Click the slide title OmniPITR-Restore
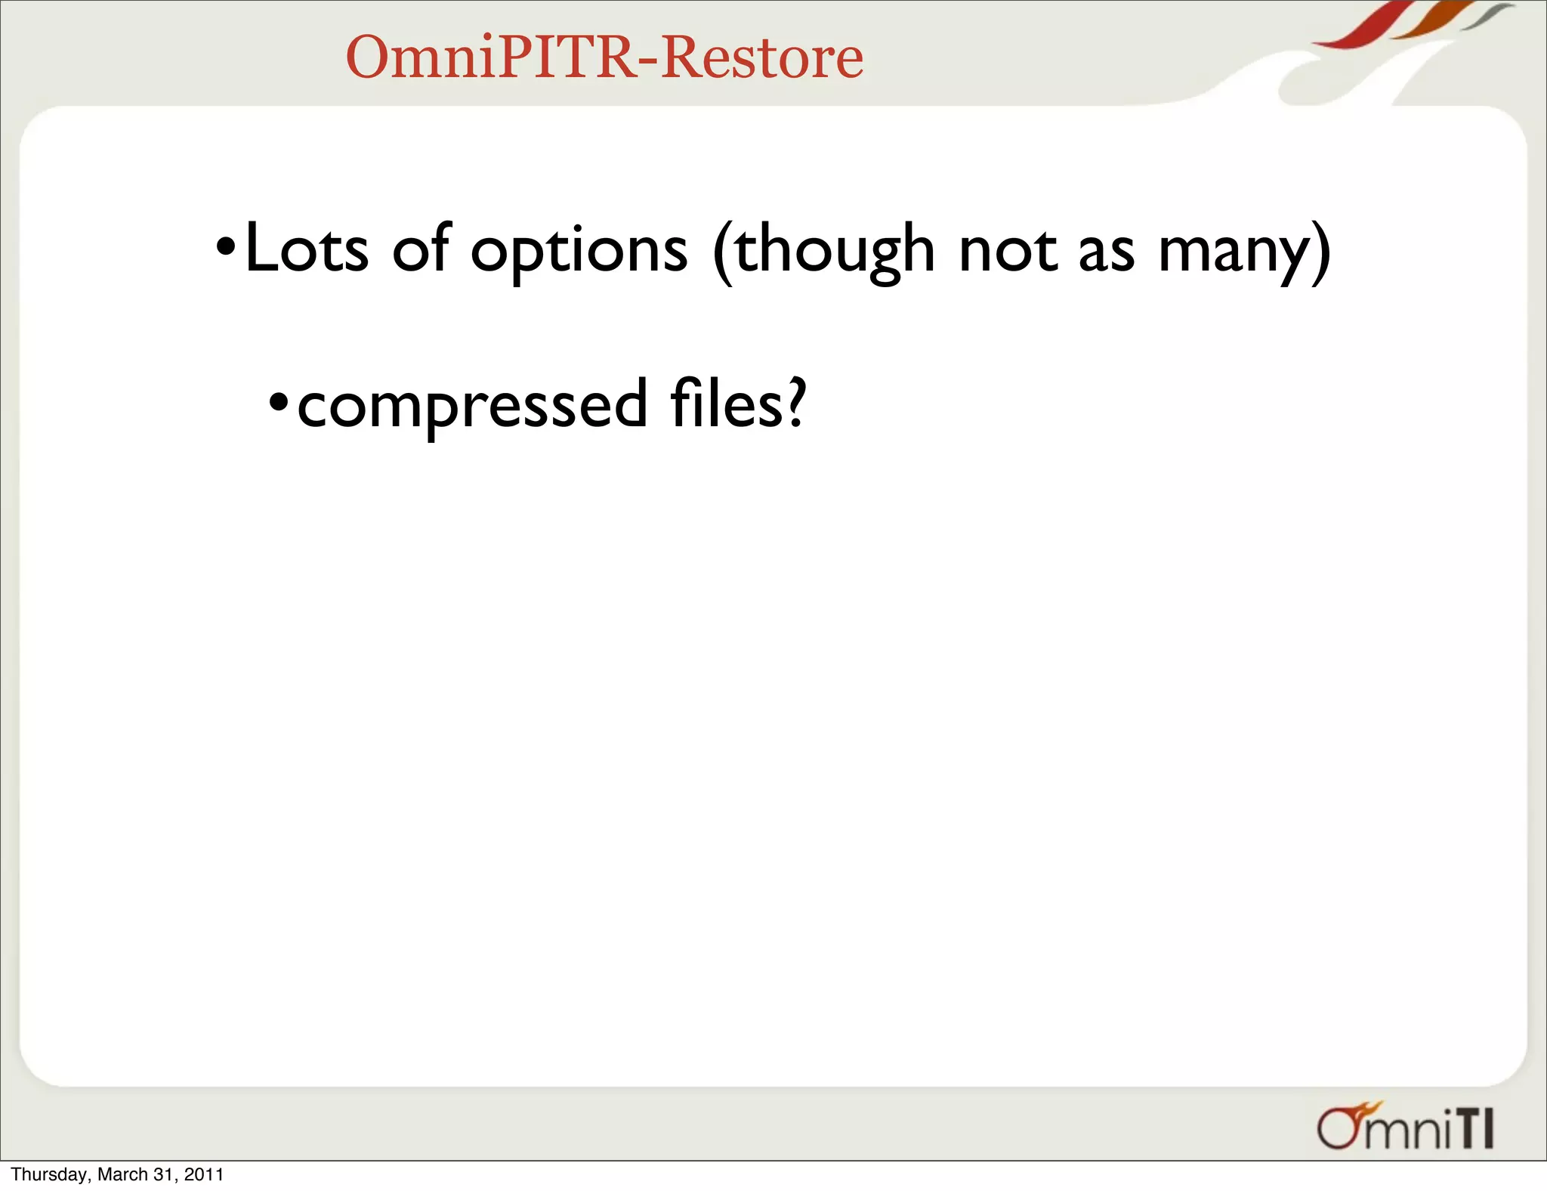(x=604, y=57)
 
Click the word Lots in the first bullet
(x=306, y=249)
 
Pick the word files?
(x=738, y=404)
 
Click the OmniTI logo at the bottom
(x=1405, y=1128)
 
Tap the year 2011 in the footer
(x=204, y=1174)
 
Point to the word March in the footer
(x=122, y=1174)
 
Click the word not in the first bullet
(x=1007, y=251)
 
